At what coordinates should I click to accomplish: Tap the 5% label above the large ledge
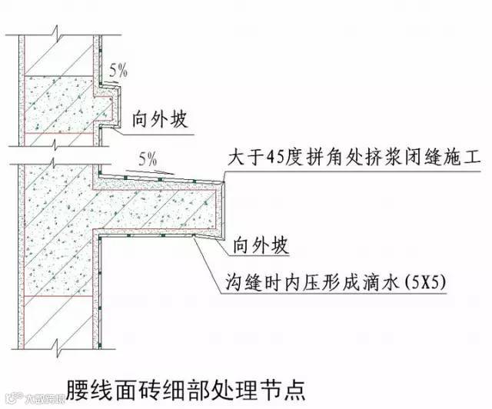click(x=147, y=161)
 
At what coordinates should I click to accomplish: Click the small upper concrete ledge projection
click(x=108, y=105)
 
